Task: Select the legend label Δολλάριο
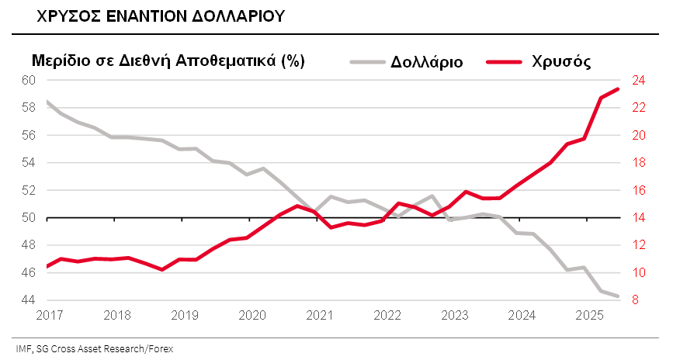(x=427, y=62)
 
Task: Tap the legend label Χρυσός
(x=562, y=62)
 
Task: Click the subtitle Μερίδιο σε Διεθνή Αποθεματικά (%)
(x=166, y=61)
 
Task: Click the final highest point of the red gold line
(x=618, y=89)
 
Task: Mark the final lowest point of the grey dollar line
(x=618, y=296)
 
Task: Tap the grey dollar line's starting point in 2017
(x=47, y=102)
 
